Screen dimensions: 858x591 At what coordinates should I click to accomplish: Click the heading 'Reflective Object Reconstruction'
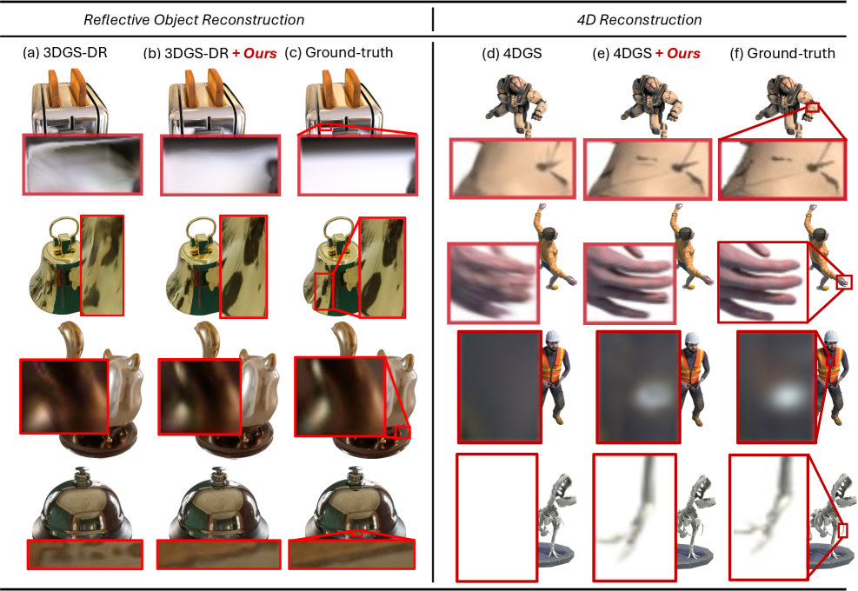pyautogui.click(x=194, y=20)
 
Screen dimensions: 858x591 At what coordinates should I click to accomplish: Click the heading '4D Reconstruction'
pyautogui.click(x=639, y=20)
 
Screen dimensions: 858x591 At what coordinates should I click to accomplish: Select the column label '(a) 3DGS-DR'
pyautogui.click(x=64, y=52)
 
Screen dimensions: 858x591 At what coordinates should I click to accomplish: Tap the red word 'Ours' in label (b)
pyautogui.click(x=260, y=53)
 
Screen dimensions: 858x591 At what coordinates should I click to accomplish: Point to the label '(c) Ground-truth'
pyautogui.click(x=339, y=52)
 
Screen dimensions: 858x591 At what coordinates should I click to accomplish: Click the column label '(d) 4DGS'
pyautogui.click(x=512, y=53)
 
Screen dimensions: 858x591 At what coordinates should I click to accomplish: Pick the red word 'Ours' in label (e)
pyautogui.click(x=683, y=53)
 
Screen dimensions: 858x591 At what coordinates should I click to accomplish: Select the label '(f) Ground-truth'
pyautogui.click(x=782, y=53)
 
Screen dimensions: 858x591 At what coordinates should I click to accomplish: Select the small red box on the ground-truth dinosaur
pyautogui.click(x=842, y=531)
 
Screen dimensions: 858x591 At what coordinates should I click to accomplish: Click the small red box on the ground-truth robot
pyautogui.click(x=813, y=107)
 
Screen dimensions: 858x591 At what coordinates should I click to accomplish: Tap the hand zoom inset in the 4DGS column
pyautogui.click(x=493, y=283)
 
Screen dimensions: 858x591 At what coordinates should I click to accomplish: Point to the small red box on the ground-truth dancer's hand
pyautogui.click(x=844, y=282)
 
